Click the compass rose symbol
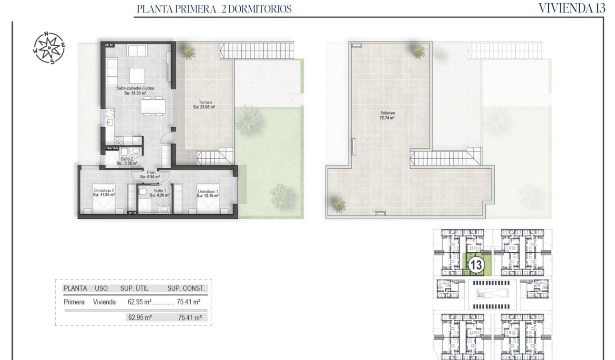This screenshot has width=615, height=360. pyautogui.click(x=49, y=48)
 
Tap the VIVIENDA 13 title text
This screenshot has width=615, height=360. pyautogui.click(x=572, y=8)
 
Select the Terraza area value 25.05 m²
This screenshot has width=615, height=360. pyautogui.click(x=204, y=107)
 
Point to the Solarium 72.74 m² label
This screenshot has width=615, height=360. pyautogui.click(x=385, y=115)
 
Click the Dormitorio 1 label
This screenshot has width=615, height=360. pyautogui.click(x=208, y=193)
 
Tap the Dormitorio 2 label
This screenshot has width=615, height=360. pyautogui.click(x=104, y=192)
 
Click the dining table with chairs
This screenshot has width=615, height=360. pyautogui.click(x=153, y=106)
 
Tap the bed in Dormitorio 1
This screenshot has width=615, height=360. pyautogui.click(x=208, y=206)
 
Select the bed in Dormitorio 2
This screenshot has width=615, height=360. pyautogui.click(x=103, y=206)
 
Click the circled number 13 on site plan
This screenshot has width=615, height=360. pyautogui.click(x=475, y=265)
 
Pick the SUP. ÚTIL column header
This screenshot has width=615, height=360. pyautogui.click(x=139, y=288)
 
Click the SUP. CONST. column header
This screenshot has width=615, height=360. pyautogui.click(x=186, y=288)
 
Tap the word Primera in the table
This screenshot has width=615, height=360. pyautogui.click(x=74, y=302)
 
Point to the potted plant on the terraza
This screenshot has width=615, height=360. pyautogui.click(x=189, y=51)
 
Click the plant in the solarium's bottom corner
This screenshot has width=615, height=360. pyautogui.click(x=339, y=205)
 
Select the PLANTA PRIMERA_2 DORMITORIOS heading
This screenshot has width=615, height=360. pyautogui.click(x=214, y=9)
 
